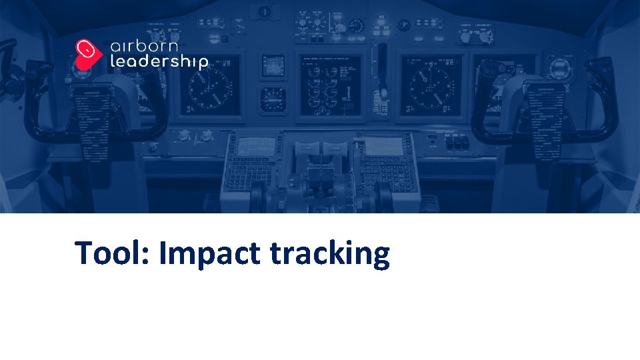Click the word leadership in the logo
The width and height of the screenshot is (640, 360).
[x=159, y=63]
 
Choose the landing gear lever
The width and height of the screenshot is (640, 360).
[x=382, y=67]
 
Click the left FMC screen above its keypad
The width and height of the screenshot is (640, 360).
[x=257, y=145]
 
